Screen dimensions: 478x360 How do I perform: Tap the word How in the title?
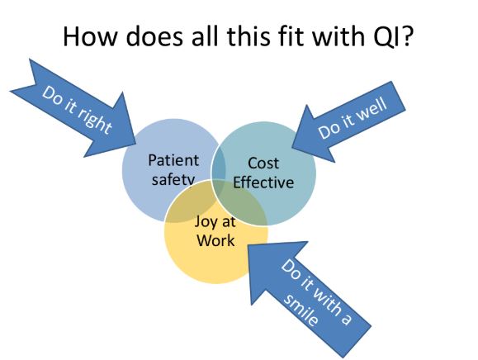(90, 36)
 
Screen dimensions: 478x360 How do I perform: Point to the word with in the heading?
(338, 36)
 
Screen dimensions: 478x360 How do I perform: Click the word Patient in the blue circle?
(173, 160)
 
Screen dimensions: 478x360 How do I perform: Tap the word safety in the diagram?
(173, 179)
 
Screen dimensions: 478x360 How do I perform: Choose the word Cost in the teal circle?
(263, 163)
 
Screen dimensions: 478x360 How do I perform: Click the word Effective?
(263, 182)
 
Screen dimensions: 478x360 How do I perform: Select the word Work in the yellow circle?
(215, 240)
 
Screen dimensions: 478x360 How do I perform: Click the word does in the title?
(154, 36)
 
